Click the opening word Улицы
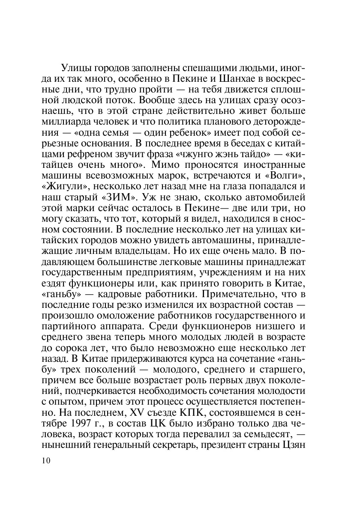[76, 68]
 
